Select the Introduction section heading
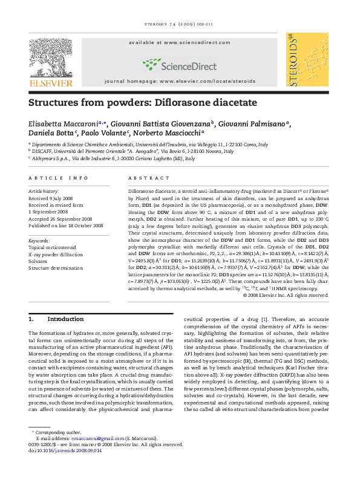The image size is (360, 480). tap(65, 319)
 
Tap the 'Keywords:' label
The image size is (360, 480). tap(41, 241)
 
